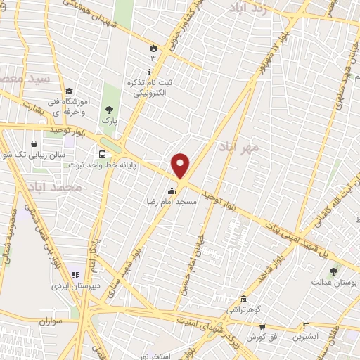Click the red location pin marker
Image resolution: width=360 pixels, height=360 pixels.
(181, 166)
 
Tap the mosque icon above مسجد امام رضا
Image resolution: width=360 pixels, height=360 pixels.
(172, 191)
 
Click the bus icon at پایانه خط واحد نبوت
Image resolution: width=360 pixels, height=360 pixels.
(103, 155)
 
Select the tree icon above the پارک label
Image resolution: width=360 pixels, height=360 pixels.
(109, 110)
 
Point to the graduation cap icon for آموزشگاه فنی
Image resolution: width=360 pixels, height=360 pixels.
(69, 91)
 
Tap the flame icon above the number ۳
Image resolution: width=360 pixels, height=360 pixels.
(153, 47)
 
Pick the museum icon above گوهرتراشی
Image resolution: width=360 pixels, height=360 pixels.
(243, 299)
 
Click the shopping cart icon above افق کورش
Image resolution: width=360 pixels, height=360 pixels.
(262, 326)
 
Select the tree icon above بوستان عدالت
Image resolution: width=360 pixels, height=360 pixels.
(333, 271)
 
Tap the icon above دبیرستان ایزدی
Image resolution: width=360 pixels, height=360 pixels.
(75, 275)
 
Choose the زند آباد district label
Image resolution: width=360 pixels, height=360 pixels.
(248, 8)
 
